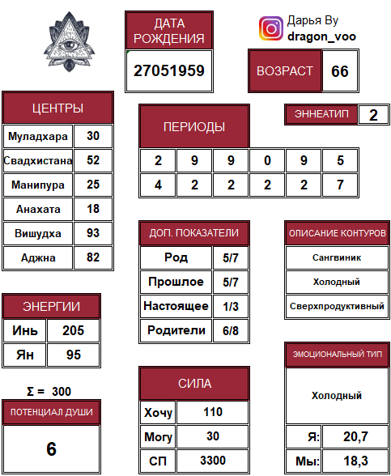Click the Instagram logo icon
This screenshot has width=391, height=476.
(x=270, y=29)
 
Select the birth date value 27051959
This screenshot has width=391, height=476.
(x=170, y=70)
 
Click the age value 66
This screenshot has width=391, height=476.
(x=339, y=71)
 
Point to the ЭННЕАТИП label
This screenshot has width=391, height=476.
(x=321, y=114)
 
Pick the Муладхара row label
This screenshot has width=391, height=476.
(x=37, y=136)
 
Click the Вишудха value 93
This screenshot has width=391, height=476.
(x=93, y=233)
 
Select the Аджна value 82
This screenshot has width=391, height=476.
(x=93, y=257)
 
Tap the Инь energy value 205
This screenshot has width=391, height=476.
(x=73, y=331)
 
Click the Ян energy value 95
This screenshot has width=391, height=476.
(x=73, y=355)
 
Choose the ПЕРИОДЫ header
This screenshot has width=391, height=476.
(x=194, y=127)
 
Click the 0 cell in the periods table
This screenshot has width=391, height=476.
(x=267, y=160)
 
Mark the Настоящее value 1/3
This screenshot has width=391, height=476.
(x=231, y=306)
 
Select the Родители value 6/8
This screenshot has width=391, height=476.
(x=231, y=330)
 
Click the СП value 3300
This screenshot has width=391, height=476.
(x=213, y=461)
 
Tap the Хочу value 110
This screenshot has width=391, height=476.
(x=213, y=412)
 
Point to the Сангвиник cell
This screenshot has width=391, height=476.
(x=337, y=257)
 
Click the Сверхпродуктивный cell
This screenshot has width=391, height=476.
(x=337, y=307)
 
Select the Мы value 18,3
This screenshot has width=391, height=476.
(x=356, y=461)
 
